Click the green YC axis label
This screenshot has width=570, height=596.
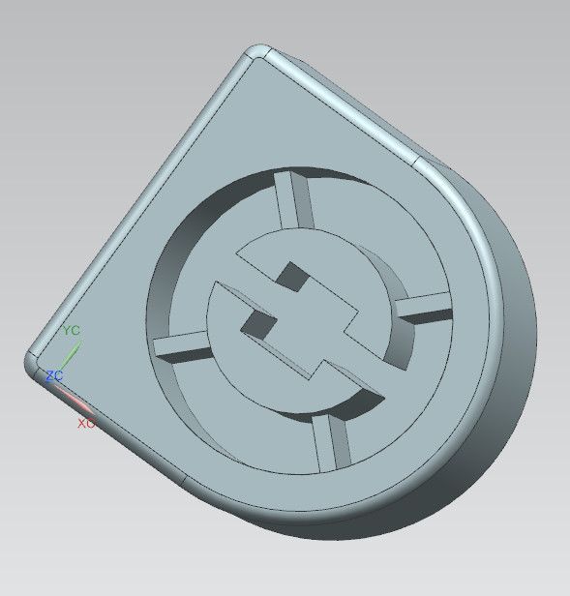(x=71, y=330)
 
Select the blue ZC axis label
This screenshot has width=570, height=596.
(x=54, y=376)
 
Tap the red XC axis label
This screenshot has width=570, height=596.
(x=86, y=423)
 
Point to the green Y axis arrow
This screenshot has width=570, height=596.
(x=71, y=355)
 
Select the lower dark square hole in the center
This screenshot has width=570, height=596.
(x=258, y=325)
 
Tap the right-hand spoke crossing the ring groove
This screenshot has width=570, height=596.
(x=424, y=309)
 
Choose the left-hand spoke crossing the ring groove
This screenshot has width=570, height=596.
(x=182, y=347)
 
